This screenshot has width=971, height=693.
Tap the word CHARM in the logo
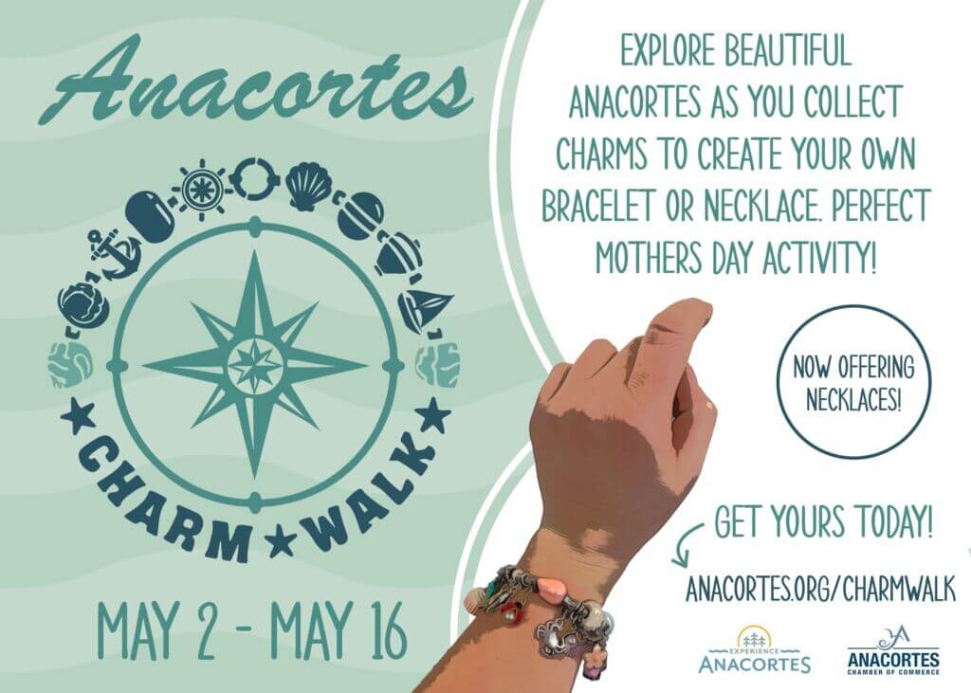tap(156, 497)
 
